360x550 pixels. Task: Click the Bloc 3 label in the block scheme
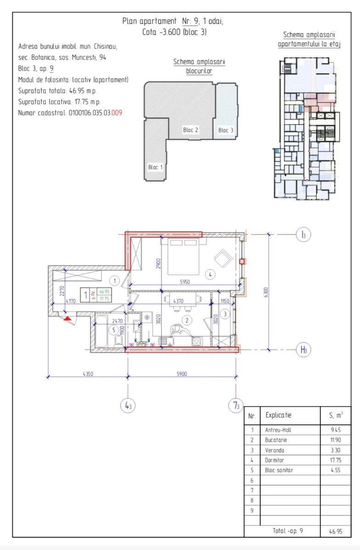point(226,130)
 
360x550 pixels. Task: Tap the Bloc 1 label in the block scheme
point(155,167)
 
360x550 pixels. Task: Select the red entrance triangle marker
point(67,319)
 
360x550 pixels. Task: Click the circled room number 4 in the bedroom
point(210,275)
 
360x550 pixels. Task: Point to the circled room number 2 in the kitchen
point(187,320)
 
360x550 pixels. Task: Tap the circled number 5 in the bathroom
point(114,330)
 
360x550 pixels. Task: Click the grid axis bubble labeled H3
point(304,349)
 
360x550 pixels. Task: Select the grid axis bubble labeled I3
point(304,235)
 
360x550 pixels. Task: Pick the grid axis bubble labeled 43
point(128,406)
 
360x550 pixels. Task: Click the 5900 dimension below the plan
point(182,374)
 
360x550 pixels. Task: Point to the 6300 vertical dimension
point(266,292)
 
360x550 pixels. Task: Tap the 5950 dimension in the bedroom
point(185,281)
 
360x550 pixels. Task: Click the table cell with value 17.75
point(335,460)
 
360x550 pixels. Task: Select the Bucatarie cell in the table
point(276,440)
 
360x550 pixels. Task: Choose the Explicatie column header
point(278,415)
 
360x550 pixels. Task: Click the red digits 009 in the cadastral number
point(117,113)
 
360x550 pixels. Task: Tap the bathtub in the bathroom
point(101,331)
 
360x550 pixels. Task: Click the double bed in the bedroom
point(183,257)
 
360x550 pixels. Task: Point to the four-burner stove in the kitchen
point(197,341)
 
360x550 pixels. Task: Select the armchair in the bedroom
point(223,258)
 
